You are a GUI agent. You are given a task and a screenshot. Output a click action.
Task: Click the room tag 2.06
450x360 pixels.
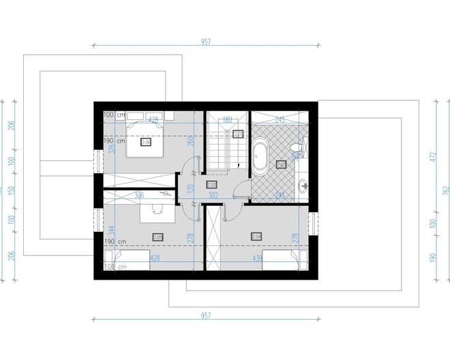click(146, 142)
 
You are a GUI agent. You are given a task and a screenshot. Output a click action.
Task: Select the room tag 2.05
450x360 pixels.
click(158, 237)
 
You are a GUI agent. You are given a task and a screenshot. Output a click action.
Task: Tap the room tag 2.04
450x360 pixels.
click(256, 237)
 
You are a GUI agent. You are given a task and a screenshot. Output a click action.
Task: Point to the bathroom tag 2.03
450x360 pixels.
click(281, 164)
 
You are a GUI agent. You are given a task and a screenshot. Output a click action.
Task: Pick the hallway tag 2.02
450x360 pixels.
click(211, 185)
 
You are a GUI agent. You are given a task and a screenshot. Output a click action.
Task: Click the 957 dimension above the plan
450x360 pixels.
click(206, 42)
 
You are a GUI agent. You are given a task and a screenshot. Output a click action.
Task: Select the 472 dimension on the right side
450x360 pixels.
click(432, 156)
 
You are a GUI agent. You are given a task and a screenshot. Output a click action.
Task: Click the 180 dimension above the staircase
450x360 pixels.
click(227, 119)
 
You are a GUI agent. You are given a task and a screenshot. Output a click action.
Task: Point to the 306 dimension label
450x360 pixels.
click(139, 195)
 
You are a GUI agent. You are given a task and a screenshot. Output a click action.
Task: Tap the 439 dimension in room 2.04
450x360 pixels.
click(258, 258)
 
